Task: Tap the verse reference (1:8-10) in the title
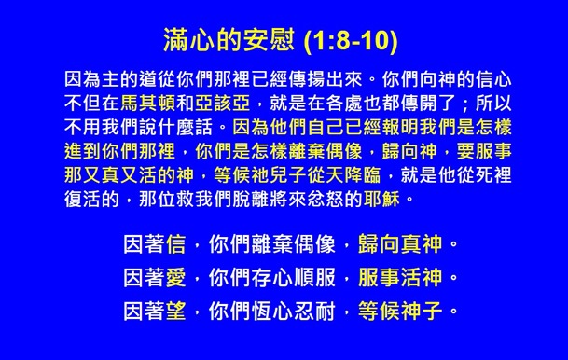349,42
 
